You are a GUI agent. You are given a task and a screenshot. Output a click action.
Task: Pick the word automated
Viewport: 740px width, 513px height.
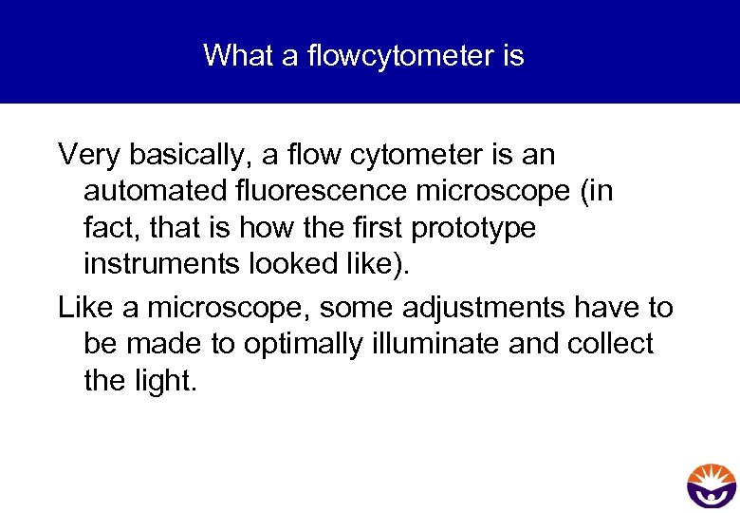[152, 191]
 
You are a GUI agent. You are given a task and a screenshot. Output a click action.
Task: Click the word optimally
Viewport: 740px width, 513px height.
[298, 344]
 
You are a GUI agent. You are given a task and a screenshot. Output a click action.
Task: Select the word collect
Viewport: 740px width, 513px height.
[610, 344]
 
